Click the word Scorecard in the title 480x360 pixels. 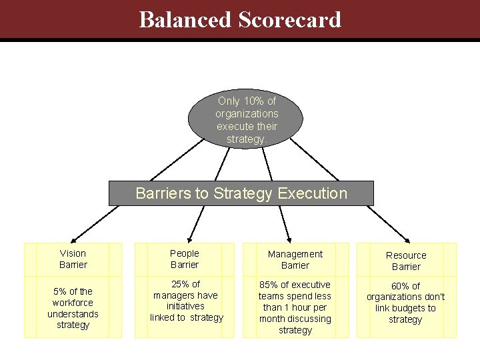289,19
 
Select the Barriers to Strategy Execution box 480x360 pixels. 241,193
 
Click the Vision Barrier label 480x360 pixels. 73,259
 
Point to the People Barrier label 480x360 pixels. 185,259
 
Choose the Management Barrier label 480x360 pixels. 295,259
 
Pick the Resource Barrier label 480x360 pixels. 406,261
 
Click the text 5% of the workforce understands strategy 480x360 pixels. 73,308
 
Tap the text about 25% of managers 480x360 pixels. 186,301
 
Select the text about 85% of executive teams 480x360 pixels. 295,307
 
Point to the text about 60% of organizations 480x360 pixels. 405,303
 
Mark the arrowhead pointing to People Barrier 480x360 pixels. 189,237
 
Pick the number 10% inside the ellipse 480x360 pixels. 252,101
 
